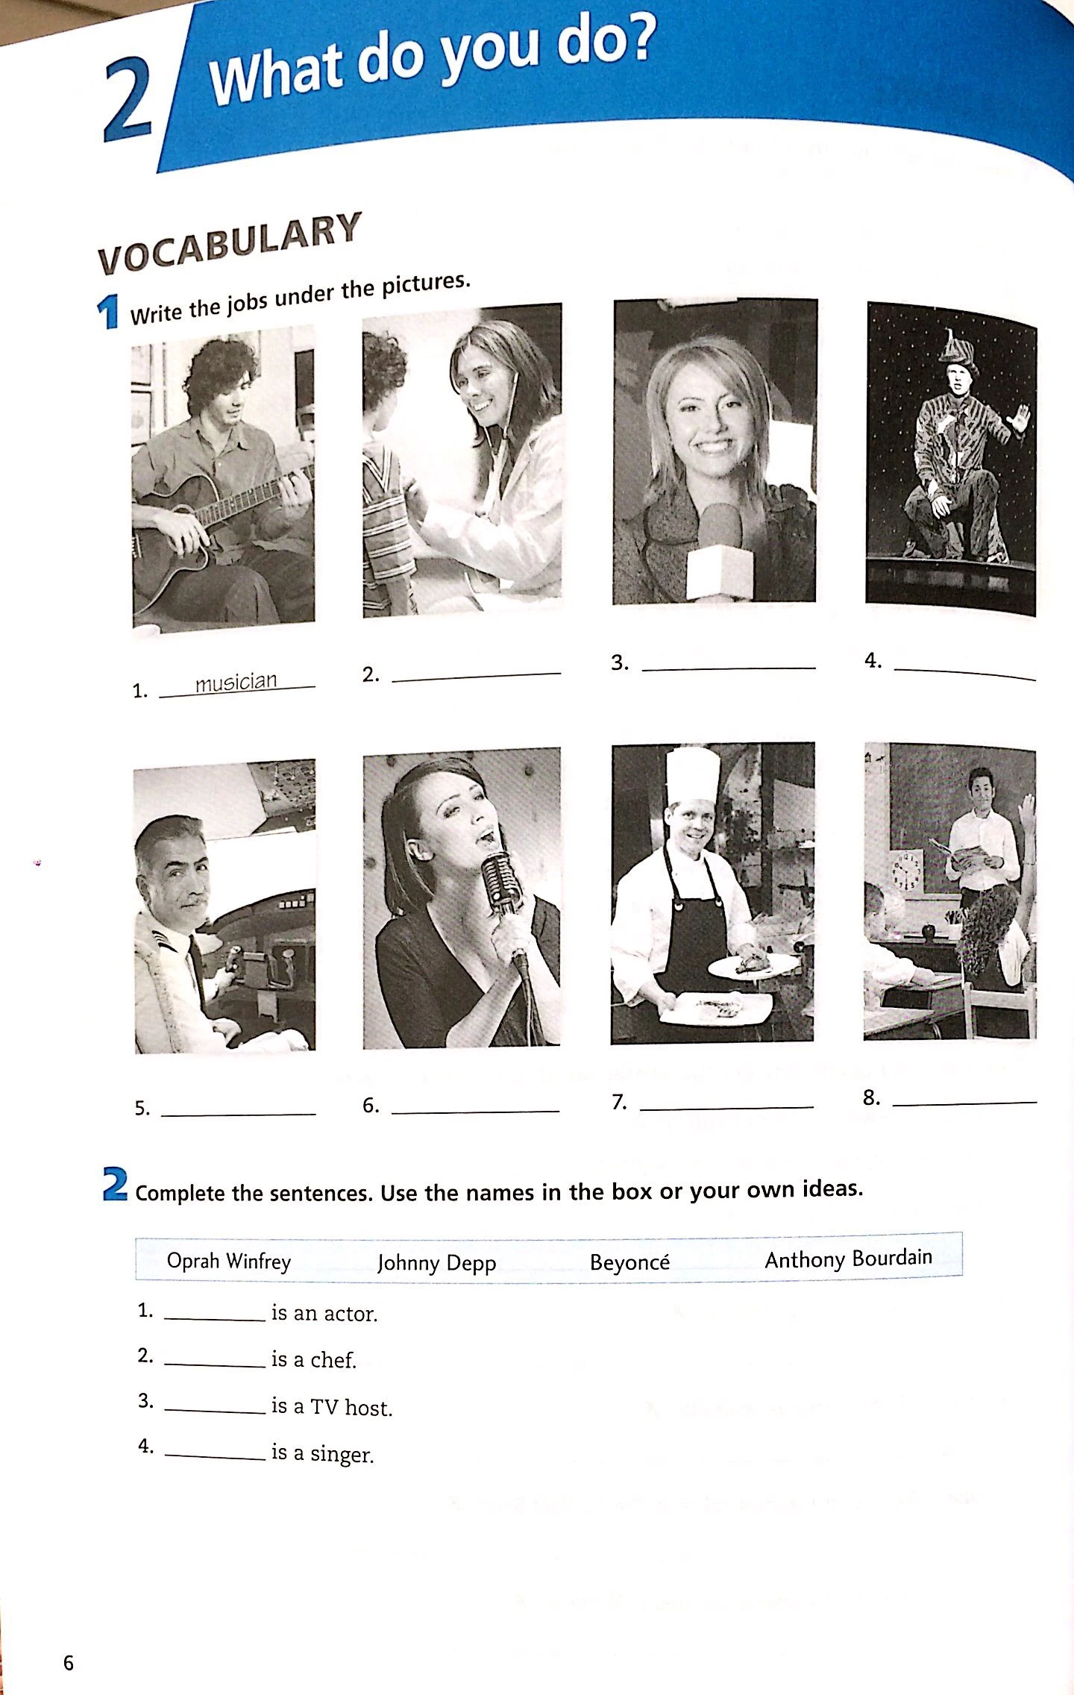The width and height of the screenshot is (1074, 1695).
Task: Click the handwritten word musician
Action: pos(236,681)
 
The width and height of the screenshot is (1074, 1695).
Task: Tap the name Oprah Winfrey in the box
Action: pos(228,1262)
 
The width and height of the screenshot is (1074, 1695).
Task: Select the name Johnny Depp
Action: pos(436,1262)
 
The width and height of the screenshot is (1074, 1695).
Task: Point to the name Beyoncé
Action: pos(629,1262)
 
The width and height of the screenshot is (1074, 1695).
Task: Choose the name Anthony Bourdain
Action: pos(849,1259)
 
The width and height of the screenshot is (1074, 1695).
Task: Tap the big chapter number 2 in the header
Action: pos(128,102)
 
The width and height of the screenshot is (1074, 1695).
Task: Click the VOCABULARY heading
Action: pos(230,242)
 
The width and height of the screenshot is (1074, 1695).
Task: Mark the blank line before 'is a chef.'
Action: pos(215,1365)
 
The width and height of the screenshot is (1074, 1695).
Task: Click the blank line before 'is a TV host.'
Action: pos(215,1411)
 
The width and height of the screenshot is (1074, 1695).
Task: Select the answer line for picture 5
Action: pos(239,1115)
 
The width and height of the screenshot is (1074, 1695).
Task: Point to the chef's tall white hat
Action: pos(693,775)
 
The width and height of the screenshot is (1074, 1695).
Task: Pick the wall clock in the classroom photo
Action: pos(907,871)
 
